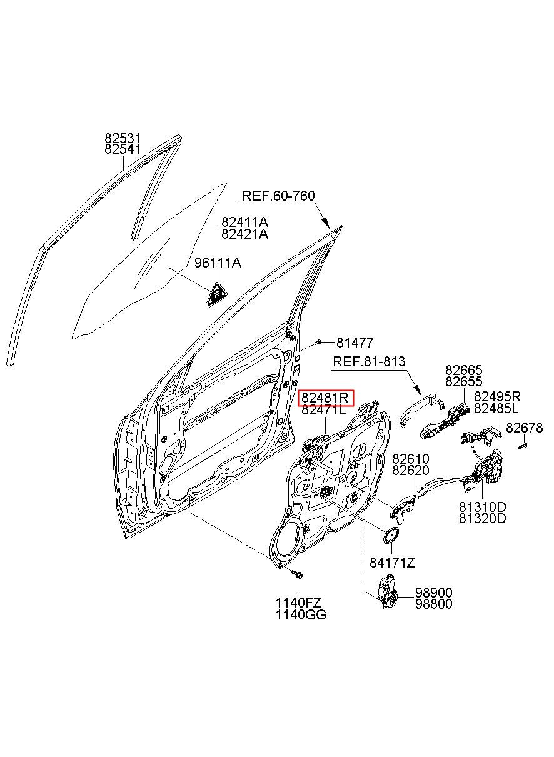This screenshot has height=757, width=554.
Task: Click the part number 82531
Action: tap(123, 138)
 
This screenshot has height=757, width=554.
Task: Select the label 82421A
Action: tap(244, 234)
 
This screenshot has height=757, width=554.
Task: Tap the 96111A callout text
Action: tap(218, 263)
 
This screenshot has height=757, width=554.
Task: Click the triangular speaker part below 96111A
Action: tap(216, 295)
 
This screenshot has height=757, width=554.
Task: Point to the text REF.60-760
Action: tap(278, 196)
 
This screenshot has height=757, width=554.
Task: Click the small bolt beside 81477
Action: tap(318, 343)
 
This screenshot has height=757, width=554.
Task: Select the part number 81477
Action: tap(355, 343)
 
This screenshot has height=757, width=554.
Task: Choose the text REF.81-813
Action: tap(369, 361)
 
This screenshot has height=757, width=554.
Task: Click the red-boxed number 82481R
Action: tap(325, 398)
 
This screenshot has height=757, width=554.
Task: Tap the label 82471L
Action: tap(324, 410)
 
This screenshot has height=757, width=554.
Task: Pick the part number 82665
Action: tap(464, 370)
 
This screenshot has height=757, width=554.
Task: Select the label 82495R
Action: tap(497, 396)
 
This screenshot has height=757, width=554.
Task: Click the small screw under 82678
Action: tap(523, 446)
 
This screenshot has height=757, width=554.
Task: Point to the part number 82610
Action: tap(411, 459)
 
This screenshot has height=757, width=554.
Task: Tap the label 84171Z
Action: tap(392, 563)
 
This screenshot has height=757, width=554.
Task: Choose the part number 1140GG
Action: tap(301, 615)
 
